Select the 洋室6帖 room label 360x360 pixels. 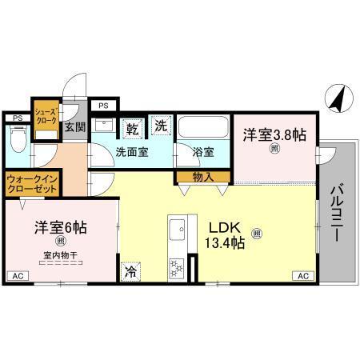pyautogui.click(x=60, y=227)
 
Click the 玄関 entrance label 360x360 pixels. pyautogui.click(x=74, y=126)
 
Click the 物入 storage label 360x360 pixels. pyautogui.click(x=203, y=178)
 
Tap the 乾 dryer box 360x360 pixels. pyautogui.click(x=133, y=127)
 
